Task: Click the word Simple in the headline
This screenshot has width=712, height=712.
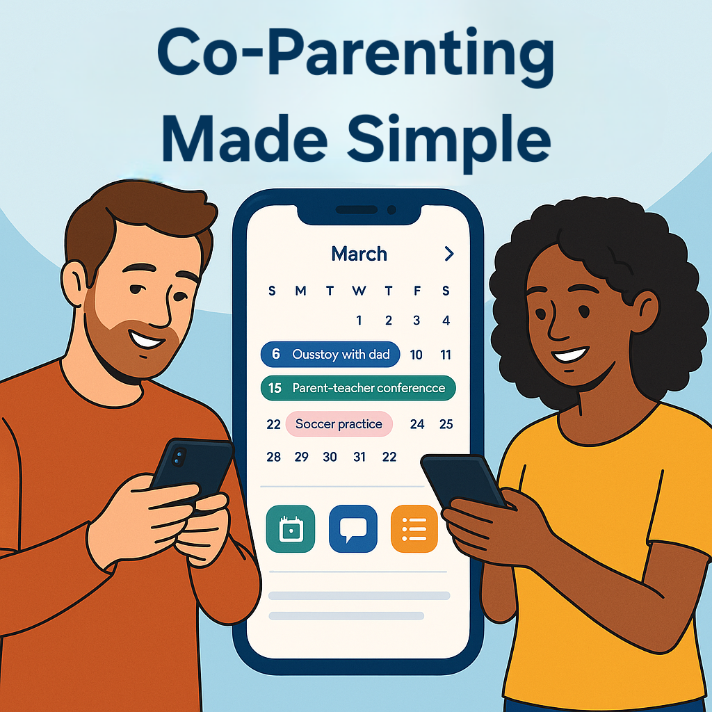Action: [449, 140]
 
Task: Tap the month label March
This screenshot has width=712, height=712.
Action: [359, 254]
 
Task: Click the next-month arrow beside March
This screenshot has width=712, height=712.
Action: [449, 254]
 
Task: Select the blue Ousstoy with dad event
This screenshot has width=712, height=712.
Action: [330, 354]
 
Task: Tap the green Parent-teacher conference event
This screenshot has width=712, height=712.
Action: [358, 388]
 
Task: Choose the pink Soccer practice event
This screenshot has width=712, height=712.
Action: [339, 424]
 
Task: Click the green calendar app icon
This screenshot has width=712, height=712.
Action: [291, 529]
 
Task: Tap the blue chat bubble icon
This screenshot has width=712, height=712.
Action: [353, 529]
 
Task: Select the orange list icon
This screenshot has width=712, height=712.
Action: [414, 529]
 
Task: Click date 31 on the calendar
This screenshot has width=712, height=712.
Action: [359, 457]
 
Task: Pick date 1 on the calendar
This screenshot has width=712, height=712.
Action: [359, 321]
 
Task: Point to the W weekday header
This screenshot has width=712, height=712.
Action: [359, 291]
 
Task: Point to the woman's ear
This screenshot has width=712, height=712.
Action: [645, 311]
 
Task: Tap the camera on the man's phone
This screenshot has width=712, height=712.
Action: [179, 457]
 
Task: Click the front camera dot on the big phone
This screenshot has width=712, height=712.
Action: [391, 210]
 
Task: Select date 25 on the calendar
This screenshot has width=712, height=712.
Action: [446, 424]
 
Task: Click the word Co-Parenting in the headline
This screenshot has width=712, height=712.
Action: [355, 54]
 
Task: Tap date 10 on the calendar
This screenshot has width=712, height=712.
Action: [416, 355]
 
